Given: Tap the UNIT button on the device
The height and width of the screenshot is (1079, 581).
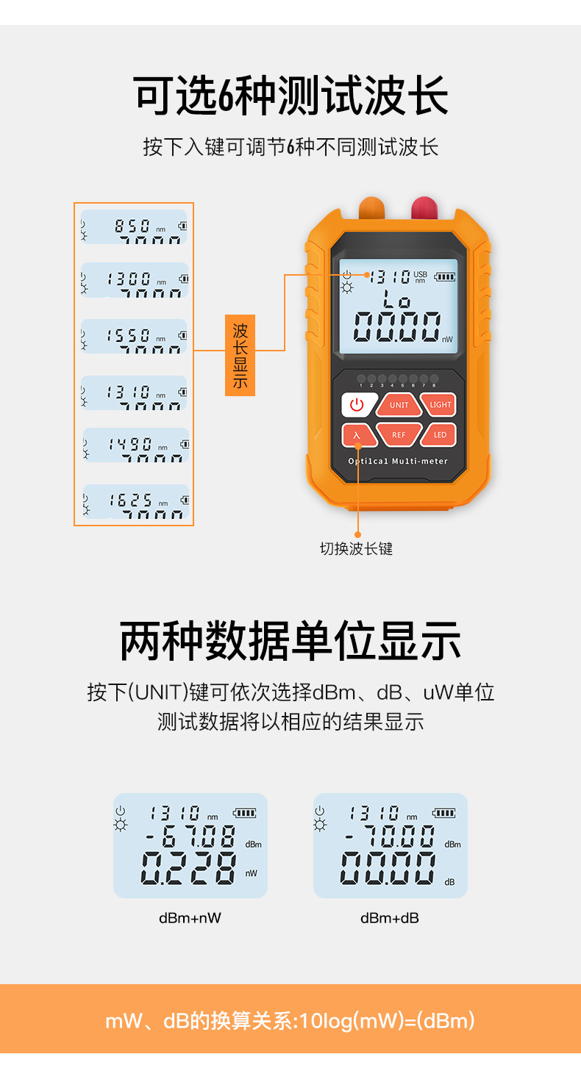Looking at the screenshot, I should point(399,405).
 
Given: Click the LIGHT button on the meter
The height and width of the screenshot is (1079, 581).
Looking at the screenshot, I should point(441,405).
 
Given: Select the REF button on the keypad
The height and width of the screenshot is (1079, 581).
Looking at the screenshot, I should point(399,435).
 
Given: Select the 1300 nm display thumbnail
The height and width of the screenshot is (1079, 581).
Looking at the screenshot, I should point(134,280).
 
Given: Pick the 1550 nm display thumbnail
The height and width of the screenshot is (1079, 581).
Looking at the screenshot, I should point(134,337).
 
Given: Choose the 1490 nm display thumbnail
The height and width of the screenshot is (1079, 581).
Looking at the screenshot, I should point(135,445).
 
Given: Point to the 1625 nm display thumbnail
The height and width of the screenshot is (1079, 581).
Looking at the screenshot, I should point(135,502).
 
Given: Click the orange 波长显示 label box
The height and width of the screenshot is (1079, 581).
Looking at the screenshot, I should point(240,356).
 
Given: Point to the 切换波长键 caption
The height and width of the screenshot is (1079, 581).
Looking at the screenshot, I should point(356,549).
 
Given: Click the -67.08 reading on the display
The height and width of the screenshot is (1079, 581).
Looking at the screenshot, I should point(190,836).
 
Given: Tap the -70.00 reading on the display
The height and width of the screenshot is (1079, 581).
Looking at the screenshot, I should point(390,836).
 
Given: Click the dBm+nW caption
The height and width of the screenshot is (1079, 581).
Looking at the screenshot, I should point(190,918).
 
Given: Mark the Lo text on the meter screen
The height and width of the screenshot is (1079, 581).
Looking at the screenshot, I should point(398,299).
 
